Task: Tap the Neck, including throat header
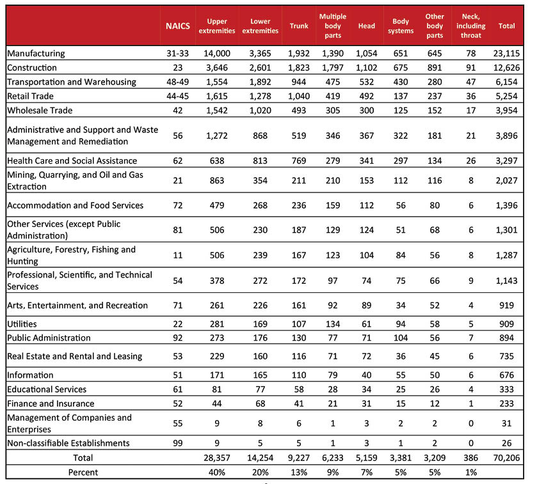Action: (x=473, y=26)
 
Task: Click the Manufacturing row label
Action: (x=36, y=54)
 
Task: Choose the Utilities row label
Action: (x=22, y=324)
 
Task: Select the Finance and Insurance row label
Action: (x=51, y=403)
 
